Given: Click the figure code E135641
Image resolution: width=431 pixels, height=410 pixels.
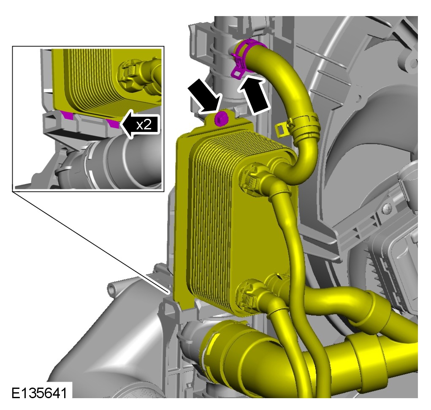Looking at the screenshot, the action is [39, 393].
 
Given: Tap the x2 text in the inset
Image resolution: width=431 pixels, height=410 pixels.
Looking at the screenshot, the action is [144, 125].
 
